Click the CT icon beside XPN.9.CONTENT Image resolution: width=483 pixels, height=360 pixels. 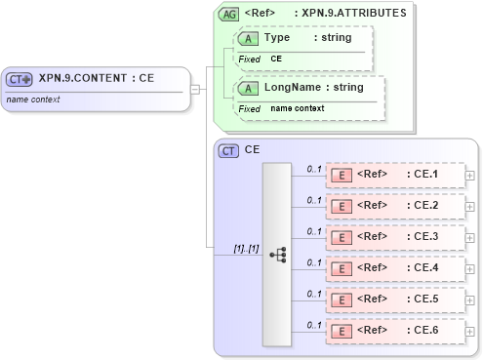[x=20, y=79]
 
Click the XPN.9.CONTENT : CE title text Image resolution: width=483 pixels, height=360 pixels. [x=97, y=79]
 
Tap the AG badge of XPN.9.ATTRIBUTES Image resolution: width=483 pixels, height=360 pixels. [x=228, y=14]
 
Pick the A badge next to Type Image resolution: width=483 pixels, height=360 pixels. [x=248, y=38]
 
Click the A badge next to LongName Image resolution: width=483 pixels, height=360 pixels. [x=248, y=88]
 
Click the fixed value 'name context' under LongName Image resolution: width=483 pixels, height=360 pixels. [x=298, y=108]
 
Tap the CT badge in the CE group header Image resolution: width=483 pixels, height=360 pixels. [x=228, y=150]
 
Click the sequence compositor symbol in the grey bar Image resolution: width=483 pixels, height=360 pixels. [x=277, y=254]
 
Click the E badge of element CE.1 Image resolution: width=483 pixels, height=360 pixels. [x=342, y=175]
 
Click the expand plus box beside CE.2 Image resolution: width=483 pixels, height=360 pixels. [x=471, y=207]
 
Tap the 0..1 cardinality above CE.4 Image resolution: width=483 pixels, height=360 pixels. [x=314, y=261]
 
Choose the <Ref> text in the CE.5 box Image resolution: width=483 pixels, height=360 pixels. [x=373, y=300]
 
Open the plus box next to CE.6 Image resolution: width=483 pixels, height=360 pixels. [x=471, y=332]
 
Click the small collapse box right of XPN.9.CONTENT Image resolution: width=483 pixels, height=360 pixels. [x=194, y=90]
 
